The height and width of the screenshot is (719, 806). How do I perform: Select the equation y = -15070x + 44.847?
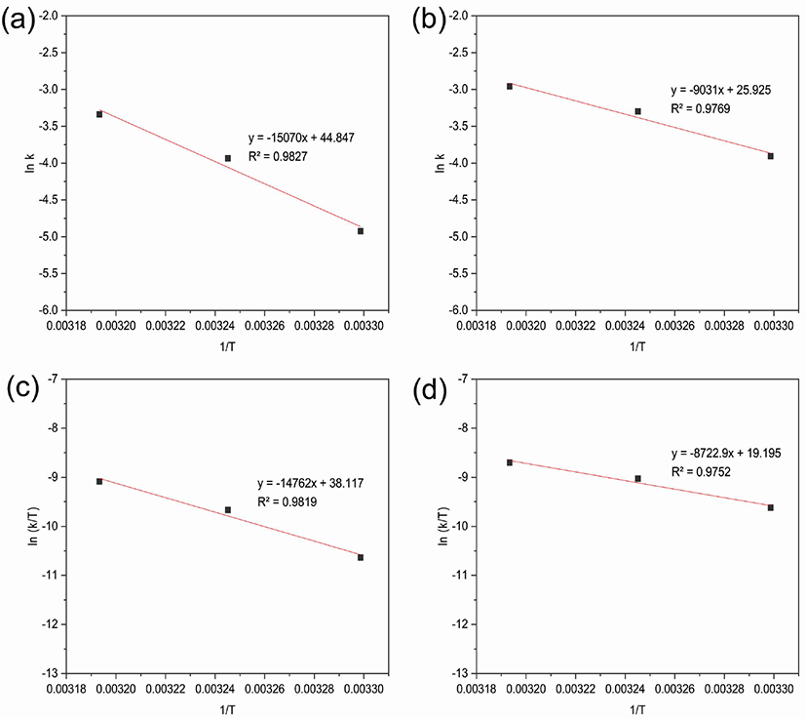301,138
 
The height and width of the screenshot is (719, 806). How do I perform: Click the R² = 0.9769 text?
700,108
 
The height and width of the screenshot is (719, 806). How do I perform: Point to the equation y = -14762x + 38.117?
311,483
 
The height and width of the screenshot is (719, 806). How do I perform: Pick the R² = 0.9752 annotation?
701,472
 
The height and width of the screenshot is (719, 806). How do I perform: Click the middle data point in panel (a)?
228,158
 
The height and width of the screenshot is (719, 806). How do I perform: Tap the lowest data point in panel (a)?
361,231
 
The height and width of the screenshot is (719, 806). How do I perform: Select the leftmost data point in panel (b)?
510,87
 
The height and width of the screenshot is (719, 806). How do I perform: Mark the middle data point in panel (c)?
228,509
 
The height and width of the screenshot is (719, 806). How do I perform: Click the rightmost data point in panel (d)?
771,507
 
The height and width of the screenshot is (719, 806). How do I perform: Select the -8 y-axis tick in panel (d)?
463,428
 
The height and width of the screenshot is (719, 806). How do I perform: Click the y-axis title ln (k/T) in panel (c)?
33,526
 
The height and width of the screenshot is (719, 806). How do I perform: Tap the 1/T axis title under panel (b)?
637,347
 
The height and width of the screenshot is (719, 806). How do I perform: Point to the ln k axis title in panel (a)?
30,163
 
